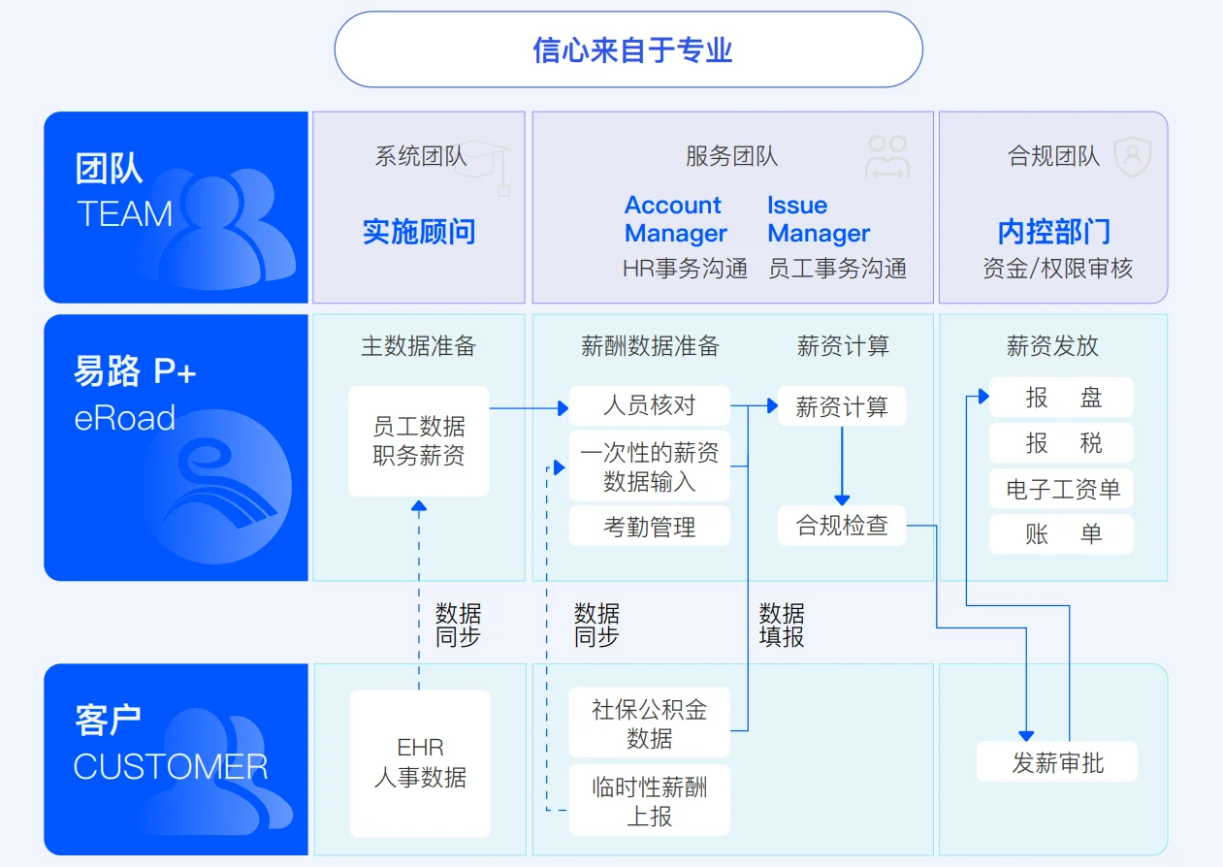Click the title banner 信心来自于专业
[x=628, y=49]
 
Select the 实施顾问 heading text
[x=419, y=232]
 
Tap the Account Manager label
[x=675, y=219]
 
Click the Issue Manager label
[x=819, y=219]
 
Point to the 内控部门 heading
[x=1053, y=232]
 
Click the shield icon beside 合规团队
[x=1133, y=156]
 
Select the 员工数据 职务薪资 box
[x=419, y=441]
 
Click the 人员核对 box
[x=649, y=405]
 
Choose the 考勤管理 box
[x=649, y=526]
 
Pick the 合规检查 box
[x=842, y=526]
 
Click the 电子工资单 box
[x=1061, y=489]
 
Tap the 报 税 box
[x=1061, y=443]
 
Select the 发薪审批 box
[x=1057, y=761]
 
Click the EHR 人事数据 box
[x=420, y=763]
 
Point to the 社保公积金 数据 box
[x=649, y=722]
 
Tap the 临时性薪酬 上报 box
[x=649, y=800]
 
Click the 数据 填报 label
[x=782, y=626]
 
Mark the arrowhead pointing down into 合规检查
[x=842, y=500]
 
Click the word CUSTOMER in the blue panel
[x=171, y=766]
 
